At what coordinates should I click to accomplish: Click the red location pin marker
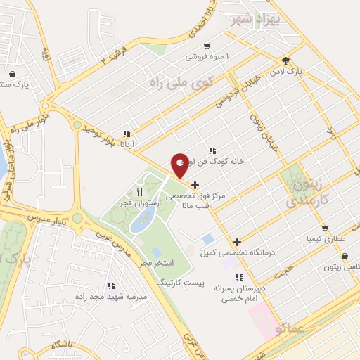click(181, 165)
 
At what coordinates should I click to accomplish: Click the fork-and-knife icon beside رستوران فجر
click(140, 191)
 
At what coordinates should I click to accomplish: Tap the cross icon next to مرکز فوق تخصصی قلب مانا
click(195, 186)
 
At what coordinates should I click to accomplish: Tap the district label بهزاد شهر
click(258, 18)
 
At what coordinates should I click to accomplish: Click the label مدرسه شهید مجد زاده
click(116, 296)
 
